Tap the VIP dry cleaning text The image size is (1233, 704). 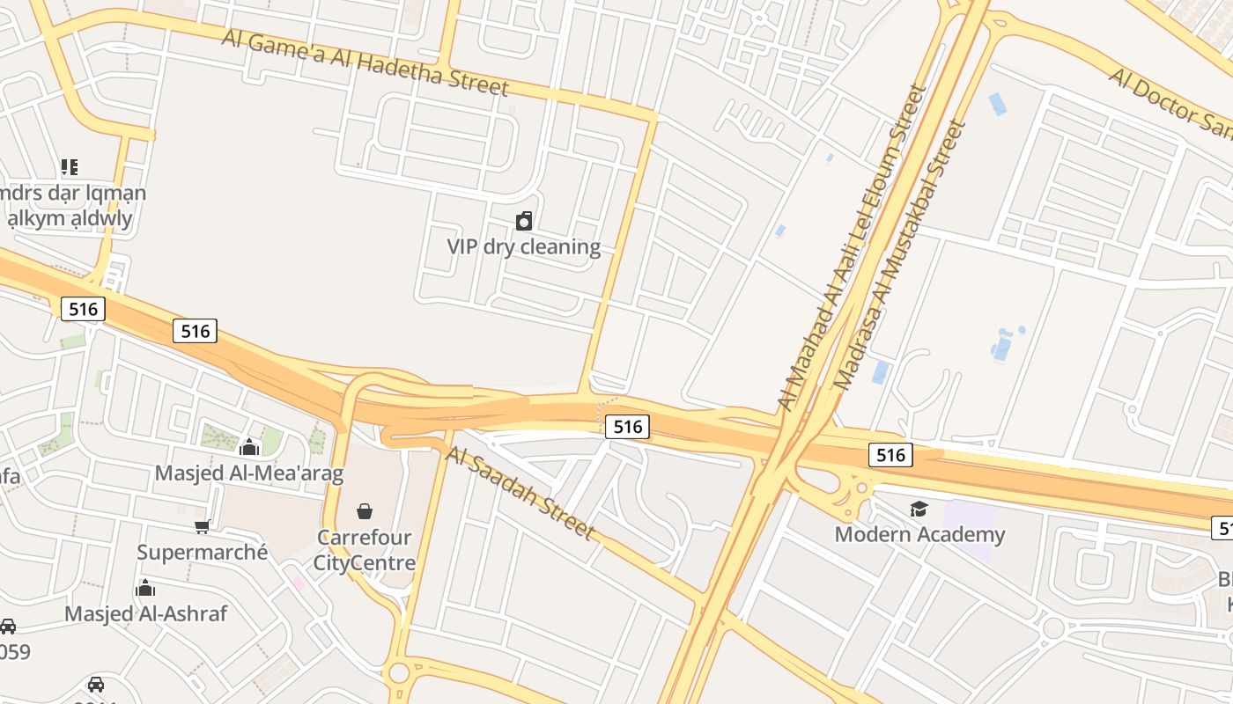coord(524,246)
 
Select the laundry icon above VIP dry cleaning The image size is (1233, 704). coord(524,220)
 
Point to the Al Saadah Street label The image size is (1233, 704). coord(521,494)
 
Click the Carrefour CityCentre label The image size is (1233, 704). coord(365,549)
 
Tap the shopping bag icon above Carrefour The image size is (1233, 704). coord(365,510)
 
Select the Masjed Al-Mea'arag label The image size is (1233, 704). coord(249,473)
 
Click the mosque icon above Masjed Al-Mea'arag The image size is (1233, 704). coord(249,447)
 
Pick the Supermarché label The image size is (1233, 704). coord(203,553)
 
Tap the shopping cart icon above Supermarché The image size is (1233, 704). coord(203,526)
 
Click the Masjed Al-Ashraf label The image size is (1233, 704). coord(146,613)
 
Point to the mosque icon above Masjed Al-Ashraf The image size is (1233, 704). coord(146,588)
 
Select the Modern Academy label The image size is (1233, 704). coord(919,534)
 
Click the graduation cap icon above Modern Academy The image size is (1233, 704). coord(919,509)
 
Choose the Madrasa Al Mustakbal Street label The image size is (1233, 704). coord(900,255)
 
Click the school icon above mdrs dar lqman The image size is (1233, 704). coord(70,166)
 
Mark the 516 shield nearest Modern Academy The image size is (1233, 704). coord(891,455)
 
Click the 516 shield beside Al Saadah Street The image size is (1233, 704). coord(627,427)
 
